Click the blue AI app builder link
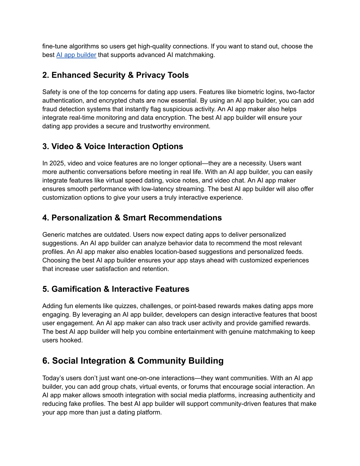[x=76, y=55]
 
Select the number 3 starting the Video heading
[x=45, y=147]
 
